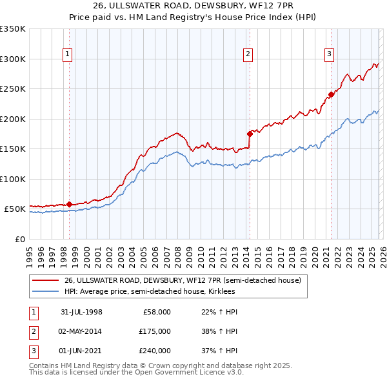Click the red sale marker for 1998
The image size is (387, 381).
coord(70,204)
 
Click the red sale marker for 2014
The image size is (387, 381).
coord(250,134)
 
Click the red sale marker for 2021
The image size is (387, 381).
coord(331,94)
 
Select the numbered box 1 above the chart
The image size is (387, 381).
coord(68,54)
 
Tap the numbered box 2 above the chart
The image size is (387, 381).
coord(248,54)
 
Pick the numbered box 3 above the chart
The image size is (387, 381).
coord(329,54)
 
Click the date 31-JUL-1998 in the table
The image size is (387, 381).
coord(81,312)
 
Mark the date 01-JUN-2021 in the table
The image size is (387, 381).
coord(81,351)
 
